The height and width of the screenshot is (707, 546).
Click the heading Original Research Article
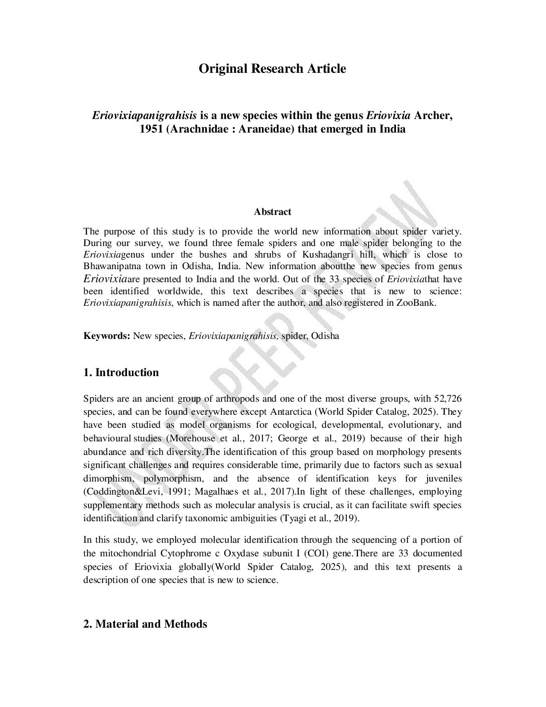click(272, 69)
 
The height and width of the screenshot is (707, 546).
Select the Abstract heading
click(272, 212)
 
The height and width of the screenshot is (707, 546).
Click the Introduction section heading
click(121, 373)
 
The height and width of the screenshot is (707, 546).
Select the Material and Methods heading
click(145, 624)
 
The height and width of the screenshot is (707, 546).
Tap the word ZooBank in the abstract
click(419, 303)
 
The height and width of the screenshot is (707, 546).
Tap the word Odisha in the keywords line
click(325, 336)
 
